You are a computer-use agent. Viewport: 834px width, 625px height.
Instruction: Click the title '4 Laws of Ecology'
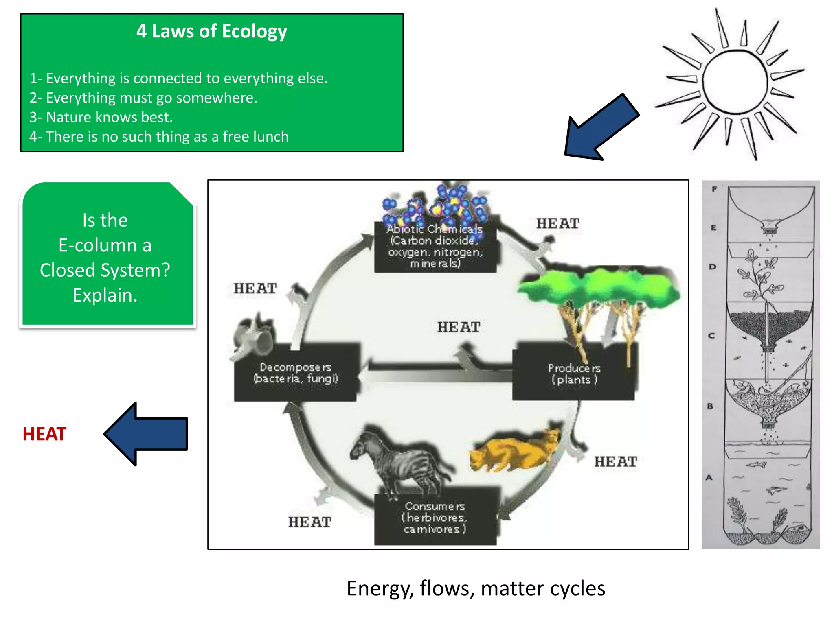pyautogui.click(x=211, y=32)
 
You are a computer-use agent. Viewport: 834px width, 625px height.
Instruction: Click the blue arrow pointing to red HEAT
pyautogui.click(x=147, y=434)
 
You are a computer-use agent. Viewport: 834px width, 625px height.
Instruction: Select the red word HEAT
pyautogui.click(x=44, y=434)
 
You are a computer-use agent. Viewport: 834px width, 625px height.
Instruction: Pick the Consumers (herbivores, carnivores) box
pyautogui.click(x=435, y=518)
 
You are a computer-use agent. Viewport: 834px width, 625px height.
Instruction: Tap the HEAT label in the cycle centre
pyautogui.click(x=459, y=327)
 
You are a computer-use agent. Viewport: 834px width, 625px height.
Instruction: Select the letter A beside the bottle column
pyautogui.click(x=709, y=478)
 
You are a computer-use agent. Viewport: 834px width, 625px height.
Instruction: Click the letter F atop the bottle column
pyautogui.click(x=714, y=189)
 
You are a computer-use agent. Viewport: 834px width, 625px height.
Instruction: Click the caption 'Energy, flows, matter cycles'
pyautogui.click(x=476, y=588)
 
